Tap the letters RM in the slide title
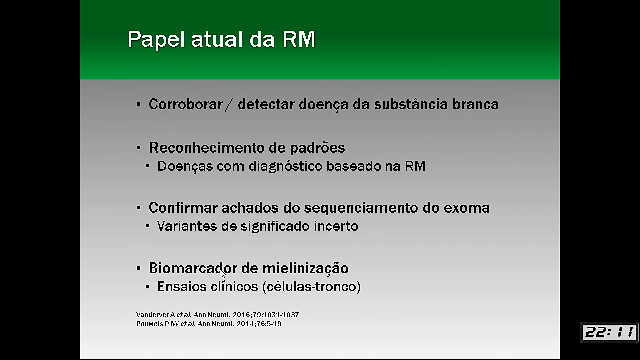[299, 39]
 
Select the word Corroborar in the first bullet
[185, 104]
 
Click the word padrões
[317, 148]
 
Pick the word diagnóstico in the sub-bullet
[286, 166]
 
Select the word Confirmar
[183, 207]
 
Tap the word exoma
[467, 208]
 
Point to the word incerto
[336, 226]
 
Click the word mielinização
[305, 268]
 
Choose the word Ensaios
[182, 286]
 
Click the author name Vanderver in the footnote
[153, 315]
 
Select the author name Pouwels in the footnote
[149, 324]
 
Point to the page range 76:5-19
[268, 324]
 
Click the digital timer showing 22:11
[609, 332]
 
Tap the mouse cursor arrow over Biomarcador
[223, 273]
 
